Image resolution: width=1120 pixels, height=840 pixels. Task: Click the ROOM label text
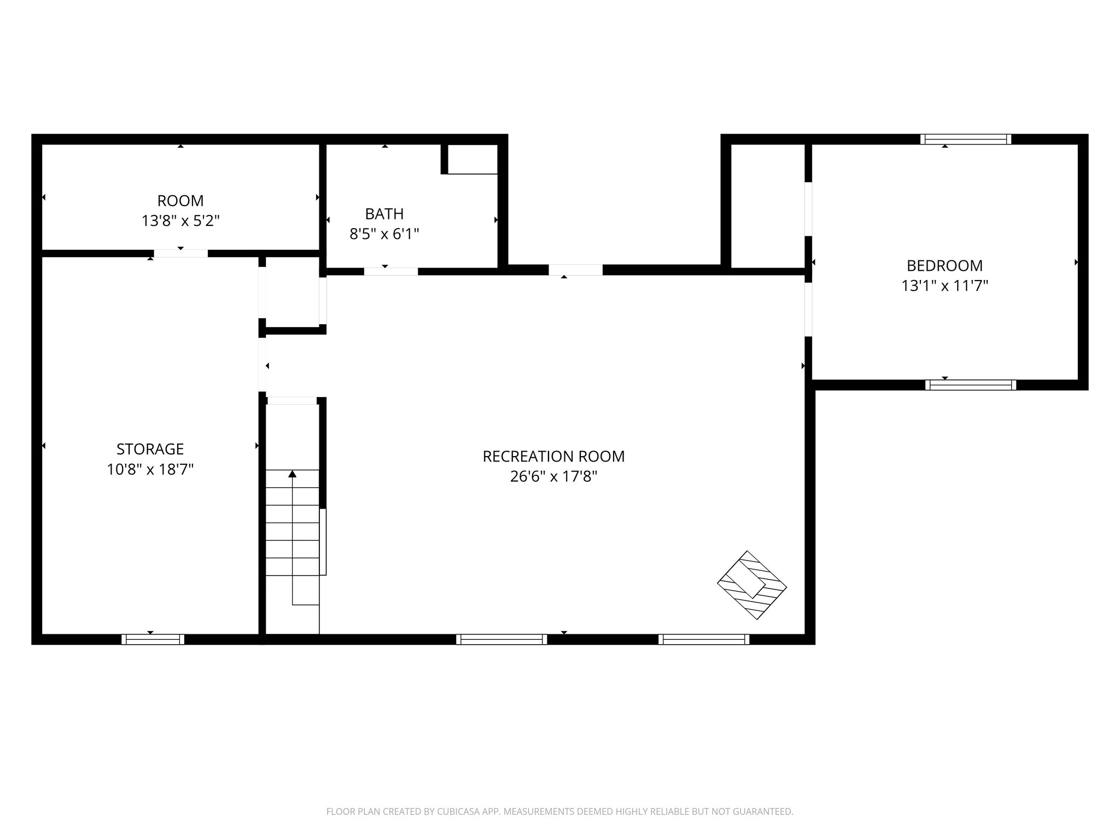[180, 201]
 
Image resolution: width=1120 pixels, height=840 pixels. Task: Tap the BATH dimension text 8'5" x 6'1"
[384, 234]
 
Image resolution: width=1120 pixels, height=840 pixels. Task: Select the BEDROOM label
[944, 266]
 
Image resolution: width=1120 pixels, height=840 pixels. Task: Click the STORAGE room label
[150, 449]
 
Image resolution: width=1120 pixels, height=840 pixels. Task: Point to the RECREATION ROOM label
[553, 456]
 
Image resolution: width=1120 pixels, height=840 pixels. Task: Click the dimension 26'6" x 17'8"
[553, 477]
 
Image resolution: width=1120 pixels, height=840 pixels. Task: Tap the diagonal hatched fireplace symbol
[752, 585]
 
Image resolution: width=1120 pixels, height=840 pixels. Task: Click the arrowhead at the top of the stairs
[293, 474]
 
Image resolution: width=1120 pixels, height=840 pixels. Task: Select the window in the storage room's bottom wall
[153, 639]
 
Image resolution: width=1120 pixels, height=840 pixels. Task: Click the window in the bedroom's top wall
[966, 139]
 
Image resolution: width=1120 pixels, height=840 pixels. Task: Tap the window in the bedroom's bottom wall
[971, 385]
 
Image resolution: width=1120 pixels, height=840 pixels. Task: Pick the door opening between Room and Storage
[180, 254]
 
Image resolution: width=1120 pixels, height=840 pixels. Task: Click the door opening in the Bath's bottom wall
[390, 272]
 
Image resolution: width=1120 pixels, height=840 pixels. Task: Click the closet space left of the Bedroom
[768, 206]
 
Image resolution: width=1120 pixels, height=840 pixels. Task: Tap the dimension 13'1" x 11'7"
[944, 286]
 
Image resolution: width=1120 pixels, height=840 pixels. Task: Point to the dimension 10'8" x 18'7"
[150, 469]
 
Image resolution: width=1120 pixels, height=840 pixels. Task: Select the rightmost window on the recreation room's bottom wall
[703, 639]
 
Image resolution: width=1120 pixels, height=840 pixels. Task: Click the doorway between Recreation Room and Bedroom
[808, 309]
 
